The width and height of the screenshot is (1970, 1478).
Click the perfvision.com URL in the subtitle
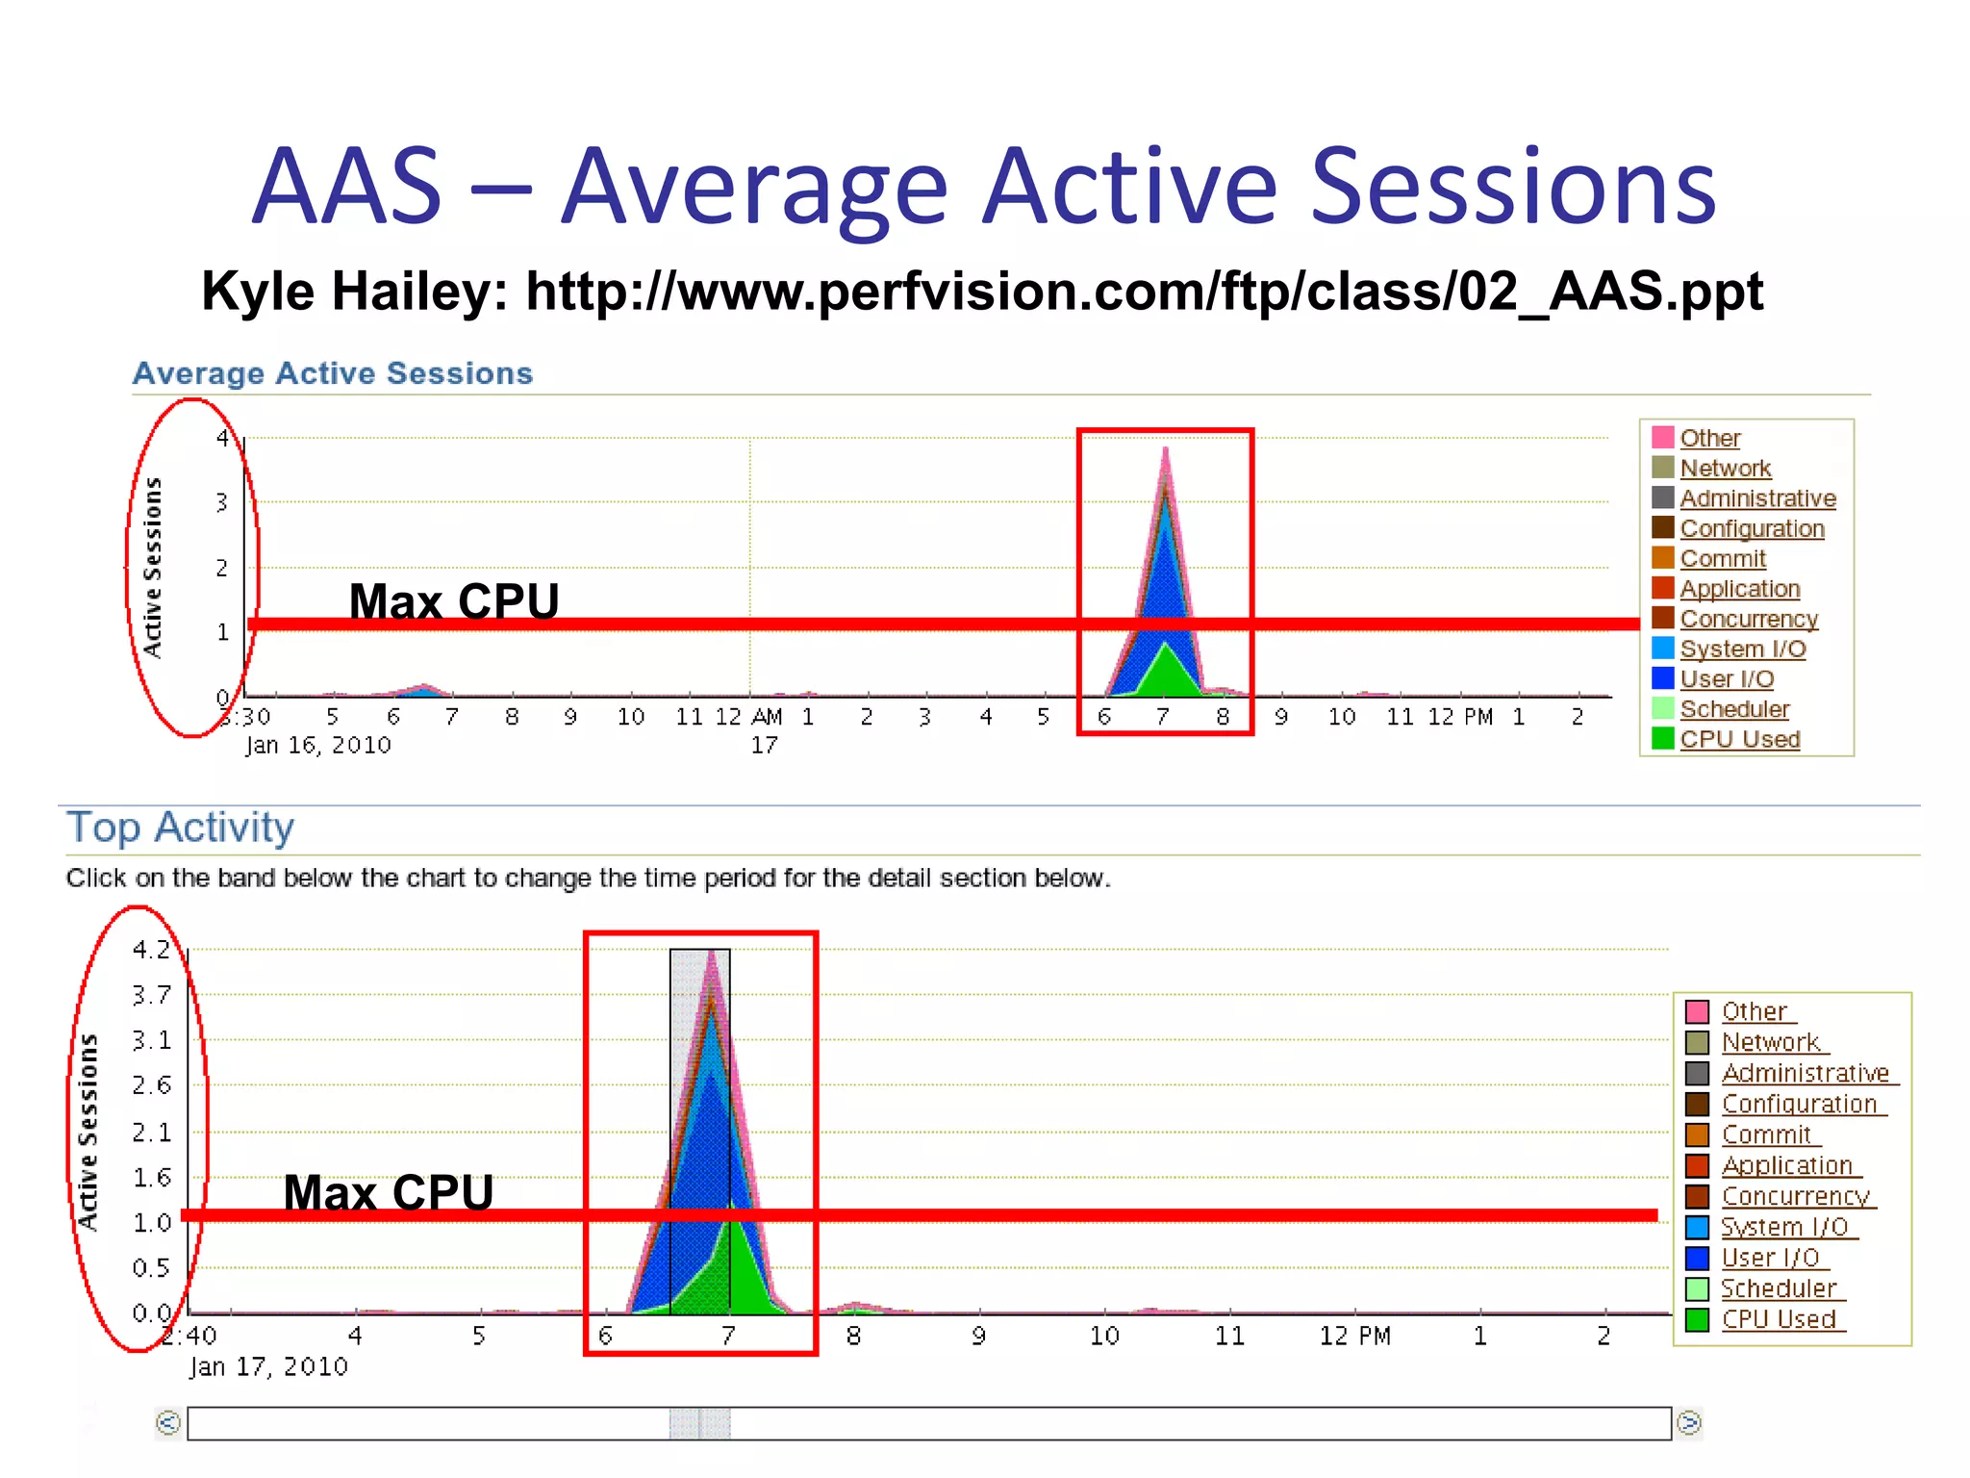coord(1144,292)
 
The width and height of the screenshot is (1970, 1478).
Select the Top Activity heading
coord(180,828)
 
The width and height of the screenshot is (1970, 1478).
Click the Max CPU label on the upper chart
coord(453,601)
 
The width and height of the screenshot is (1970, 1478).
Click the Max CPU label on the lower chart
coord(388,1192)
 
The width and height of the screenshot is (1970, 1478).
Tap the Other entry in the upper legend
coord(1709,438)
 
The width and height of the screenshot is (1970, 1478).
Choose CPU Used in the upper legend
coord(1739,739)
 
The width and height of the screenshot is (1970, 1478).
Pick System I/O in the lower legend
coord(1783,1227)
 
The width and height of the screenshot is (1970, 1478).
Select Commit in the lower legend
coord(1766,1134)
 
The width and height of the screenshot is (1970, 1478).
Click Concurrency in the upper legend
coord(1748,619)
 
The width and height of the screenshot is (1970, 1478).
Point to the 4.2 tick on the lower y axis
coord(151,950)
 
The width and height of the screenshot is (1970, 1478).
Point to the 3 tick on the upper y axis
coord(222,502)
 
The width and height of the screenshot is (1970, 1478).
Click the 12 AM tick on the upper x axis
coord(748,717)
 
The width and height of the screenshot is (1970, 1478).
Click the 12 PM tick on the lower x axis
coord(1354,1336)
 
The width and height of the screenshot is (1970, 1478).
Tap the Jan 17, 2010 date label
coord(268,1366)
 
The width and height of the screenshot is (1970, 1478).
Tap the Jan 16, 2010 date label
coord(317,745)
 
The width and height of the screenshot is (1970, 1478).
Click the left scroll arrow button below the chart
coord(168,1422)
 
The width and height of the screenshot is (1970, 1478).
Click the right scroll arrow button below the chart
coord(1688,1422)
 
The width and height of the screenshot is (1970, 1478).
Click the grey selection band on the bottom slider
coord(699,1423)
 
